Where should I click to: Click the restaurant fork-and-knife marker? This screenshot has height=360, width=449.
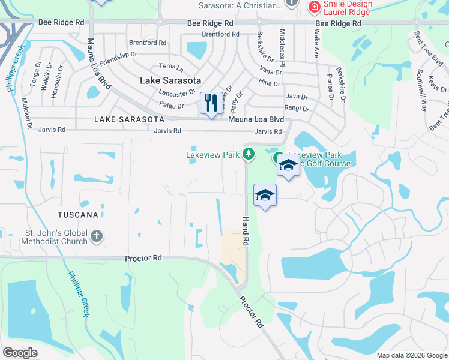(210, 104)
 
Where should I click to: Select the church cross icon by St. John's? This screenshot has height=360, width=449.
(97, 237)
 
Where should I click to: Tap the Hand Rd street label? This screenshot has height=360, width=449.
(246, 230)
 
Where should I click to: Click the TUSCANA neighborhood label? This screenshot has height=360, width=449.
(78, 214)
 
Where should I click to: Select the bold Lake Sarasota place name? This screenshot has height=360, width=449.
(170, 80)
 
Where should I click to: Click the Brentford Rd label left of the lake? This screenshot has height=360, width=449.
(148, 43)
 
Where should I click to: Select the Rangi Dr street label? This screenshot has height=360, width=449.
(297, 109)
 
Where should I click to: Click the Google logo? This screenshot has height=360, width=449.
(20, 353)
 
